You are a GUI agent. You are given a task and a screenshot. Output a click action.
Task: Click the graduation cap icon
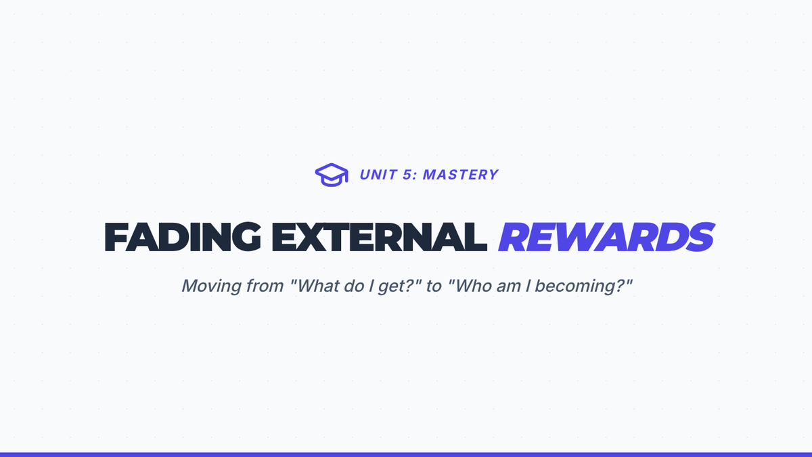click(x=332, y=175)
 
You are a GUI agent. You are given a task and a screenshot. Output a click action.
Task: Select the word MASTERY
click(x=461, y=175)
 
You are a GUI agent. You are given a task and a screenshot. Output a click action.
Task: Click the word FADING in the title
click(x=183, y=237)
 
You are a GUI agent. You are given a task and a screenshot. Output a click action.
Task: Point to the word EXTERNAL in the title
click(x=380, y=237)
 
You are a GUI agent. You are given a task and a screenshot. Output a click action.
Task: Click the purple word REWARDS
click(x=606, y=237)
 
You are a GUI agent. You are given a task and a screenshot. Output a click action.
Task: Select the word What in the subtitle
click(x=315, y=286)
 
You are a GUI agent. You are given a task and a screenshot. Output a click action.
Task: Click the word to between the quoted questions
click(x=434, y=286)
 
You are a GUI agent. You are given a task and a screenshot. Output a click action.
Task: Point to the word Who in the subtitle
click(x=470, y=286)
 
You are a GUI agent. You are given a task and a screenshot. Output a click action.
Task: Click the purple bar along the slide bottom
click(x=406, y=454)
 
